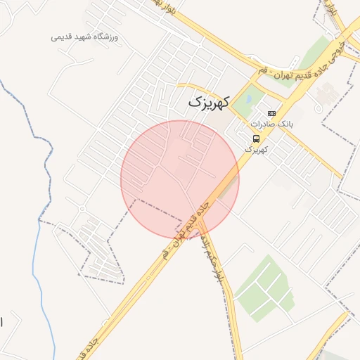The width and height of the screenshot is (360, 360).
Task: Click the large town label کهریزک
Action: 209,103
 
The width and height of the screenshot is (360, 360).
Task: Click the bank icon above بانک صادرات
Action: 271,113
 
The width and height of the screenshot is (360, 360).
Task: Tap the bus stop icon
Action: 255,139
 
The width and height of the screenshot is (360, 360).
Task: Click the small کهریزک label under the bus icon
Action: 257,149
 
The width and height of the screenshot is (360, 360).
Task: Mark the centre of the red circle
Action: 180,179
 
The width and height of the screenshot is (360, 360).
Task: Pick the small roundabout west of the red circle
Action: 83,209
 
